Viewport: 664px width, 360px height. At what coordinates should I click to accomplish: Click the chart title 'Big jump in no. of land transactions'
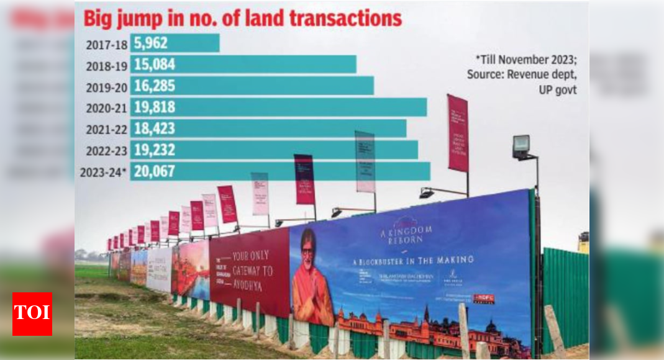click(242, 18)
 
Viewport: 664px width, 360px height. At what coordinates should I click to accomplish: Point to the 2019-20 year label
click(104, 86)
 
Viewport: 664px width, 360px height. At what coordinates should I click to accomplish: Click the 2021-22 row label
click(104, 128)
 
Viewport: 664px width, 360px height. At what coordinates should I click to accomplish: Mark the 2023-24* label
click(103, 172)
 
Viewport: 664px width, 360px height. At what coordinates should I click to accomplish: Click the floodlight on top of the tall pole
click(521, 146)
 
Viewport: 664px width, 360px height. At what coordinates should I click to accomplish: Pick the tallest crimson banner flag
click(458, 133)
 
